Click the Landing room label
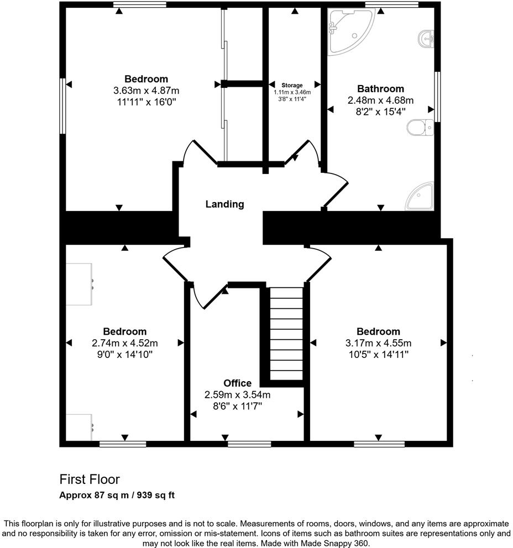(x=224, y=204)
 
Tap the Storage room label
(x=293, y=85)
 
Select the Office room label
(x=237, y=383)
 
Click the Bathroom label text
(x=380, y=88)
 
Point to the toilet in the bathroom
(x=420, y=128)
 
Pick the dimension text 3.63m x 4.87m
(x=146, y=91)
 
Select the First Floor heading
(x=90, y=479)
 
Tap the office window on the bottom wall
(x=249, y=443)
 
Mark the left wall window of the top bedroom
(x=62, y=106)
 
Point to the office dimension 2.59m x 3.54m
(x=237, y=394)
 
